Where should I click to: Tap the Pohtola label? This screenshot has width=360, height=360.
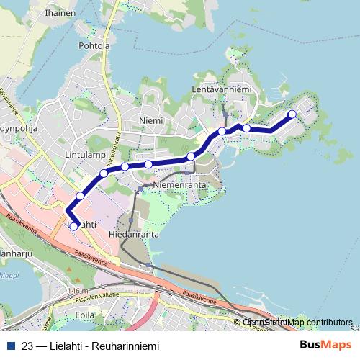coord(94,46)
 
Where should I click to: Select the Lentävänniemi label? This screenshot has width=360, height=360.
coord(221,89)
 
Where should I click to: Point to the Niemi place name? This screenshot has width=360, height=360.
coord(151,120)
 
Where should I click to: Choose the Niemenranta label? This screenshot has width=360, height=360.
coord(180,185)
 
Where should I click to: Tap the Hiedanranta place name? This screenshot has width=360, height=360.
coord(133,235)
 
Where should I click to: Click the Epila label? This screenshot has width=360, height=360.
coord(84,315)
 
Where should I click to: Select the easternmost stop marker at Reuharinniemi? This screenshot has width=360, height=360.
coord(292,114)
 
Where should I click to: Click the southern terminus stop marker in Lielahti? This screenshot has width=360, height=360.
coord(73,226)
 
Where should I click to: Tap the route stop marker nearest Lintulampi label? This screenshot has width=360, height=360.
coord(104,174)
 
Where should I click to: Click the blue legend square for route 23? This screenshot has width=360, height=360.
coord(10,346)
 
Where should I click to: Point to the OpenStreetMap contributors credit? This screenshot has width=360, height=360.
coord(299,323)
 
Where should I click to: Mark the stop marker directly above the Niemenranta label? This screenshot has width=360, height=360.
coord(191,156)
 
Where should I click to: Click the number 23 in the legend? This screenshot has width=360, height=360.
coord(27,346)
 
